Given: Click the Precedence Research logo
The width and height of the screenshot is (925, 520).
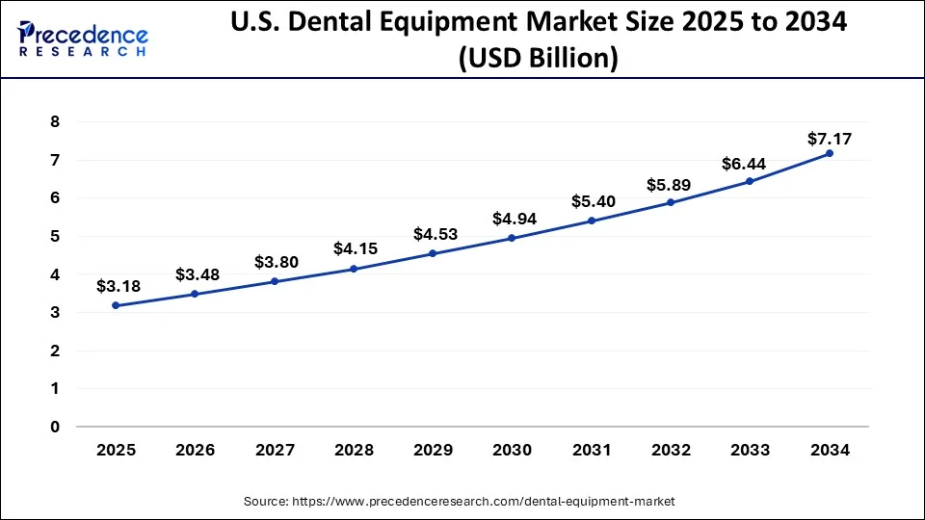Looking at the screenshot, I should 83,39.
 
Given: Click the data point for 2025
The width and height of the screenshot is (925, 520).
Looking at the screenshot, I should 116,305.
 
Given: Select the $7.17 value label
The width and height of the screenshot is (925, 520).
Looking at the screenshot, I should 830,139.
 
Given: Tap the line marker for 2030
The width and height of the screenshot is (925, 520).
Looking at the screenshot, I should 512,238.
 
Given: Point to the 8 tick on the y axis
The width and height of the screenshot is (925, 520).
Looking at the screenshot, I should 55,122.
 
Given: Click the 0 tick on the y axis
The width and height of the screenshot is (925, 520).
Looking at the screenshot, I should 55,427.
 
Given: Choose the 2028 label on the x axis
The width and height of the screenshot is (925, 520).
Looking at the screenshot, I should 353,451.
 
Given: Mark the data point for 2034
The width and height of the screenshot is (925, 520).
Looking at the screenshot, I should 829,153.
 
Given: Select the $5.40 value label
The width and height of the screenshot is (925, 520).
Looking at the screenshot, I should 592,201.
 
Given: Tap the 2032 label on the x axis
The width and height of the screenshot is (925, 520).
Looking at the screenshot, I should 670,451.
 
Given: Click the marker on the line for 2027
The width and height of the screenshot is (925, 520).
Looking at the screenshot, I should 274,281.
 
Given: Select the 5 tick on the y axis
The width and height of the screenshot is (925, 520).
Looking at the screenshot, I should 55,236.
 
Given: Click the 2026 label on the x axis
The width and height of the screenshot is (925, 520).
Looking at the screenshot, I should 195,451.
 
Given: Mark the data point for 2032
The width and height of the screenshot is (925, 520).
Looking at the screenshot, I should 671,202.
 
